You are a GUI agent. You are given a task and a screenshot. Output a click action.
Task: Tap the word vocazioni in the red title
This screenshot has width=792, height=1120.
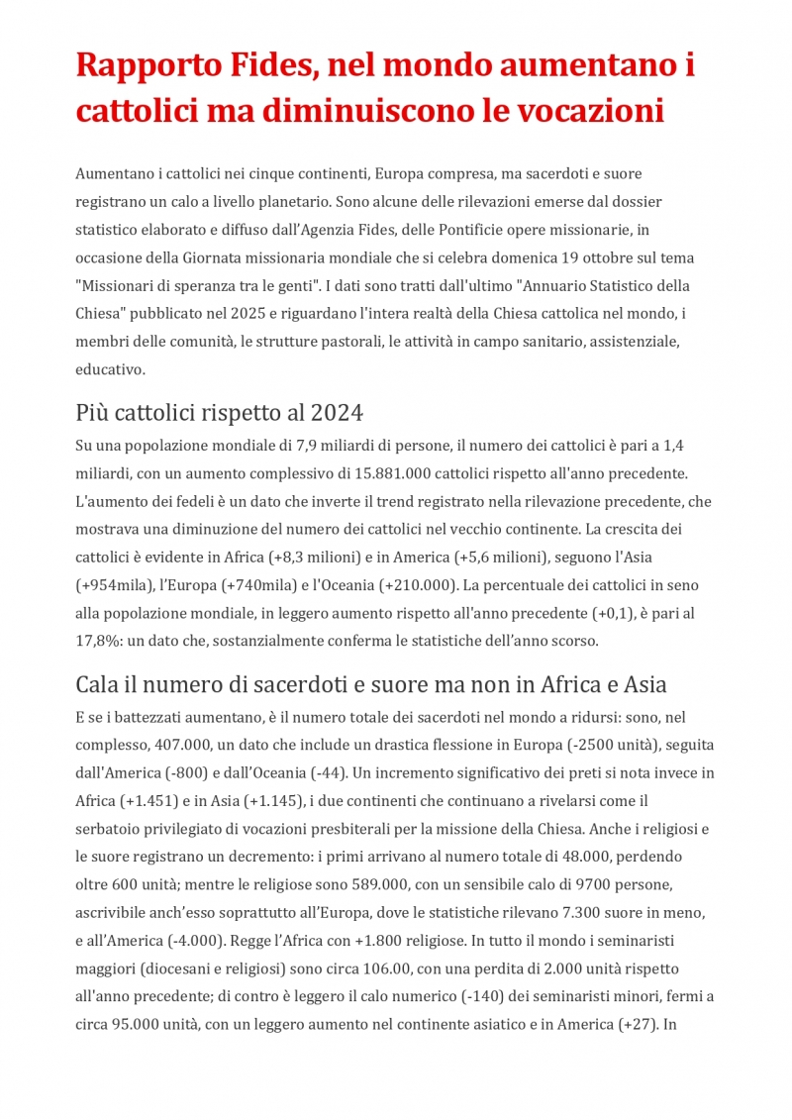[590, 111]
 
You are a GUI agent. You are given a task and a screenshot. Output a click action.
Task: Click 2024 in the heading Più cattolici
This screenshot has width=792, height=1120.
[339, 412]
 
